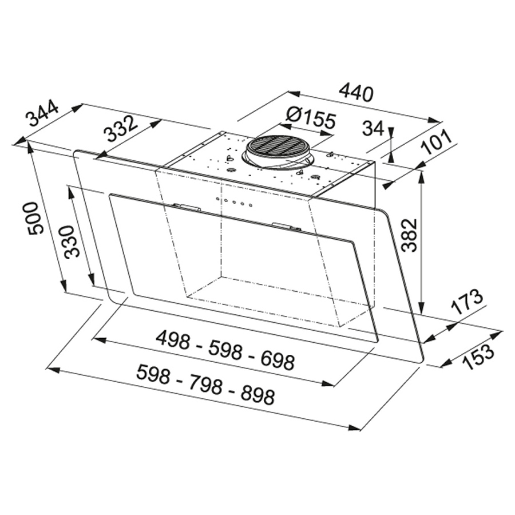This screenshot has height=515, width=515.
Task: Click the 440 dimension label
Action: [x=356, y=93]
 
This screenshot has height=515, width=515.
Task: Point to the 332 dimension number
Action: [x=120, y=129]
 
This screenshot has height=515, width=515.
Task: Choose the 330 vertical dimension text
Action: [x=72, y=241]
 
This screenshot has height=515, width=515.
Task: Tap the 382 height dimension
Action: [x=409, y=235]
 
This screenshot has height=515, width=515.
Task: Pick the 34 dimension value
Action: [x=373, y=128]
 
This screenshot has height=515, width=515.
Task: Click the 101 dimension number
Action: [x=435, y=142]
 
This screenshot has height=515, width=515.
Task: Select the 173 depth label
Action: [x=467, y=302]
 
